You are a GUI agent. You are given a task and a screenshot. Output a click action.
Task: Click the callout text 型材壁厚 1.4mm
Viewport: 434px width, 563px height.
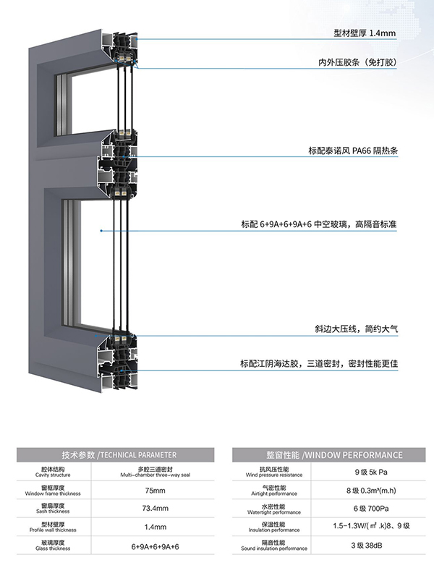[365, 33]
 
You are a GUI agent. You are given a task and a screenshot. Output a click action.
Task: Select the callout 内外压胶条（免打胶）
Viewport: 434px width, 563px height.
[357, 62]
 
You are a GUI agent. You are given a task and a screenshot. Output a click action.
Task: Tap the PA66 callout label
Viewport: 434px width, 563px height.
[353, 151]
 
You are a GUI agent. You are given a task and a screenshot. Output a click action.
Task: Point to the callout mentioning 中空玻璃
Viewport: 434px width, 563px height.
[319, 224]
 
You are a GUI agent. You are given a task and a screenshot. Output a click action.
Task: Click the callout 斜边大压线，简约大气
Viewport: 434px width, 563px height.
[357, 329]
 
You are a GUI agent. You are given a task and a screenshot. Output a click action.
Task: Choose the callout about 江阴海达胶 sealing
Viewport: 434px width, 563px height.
[319, 364]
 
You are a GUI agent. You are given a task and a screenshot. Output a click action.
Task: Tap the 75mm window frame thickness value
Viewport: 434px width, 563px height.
[155, 491]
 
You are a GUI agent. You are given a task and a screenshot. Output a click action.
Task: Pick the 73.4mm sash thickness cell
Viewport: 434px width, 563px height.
[155, 509]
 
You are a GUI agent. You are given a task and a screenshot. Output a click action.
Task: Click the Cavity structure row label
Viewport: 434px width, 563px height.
[53, 472]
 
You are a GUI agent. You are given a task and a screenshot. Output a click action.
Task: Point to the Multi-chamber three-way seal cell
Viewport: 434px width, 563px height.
[155, 472]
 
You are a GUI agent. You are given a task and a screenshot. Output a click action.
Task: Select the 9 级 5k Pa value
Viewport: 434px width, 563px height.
[371, 472]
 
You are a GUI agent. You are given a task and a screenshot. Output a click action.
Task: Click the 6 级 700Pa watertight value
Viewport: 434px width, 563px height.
[371, 509]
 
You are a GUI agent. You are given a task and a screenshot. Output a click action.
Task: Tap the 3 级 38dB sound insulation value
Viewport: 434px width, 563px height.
[367, 546]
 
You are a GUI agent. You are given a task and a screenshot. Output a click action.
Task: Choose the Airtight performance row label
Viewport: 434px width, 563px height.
[274, 491]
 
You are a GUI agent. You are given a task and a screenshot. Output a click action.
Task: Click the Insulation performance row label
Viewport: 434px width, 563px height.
[274, 527]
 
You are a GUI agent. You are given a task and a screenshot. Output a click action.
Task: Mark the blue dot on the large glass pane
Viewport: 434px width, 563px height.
[101, 231]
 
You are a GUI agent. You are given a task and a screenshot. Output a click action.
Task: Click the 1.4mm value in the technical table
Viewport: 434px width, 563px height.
[155, 527]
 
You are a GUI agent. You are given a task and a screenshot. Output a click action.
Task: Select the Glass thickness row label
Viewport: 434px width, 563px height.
[53, 546]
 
